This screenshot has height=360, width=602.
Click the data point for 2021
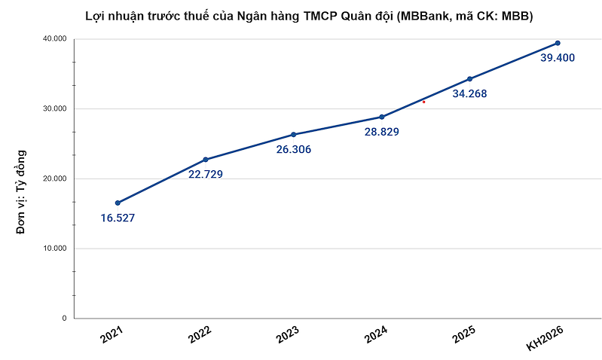[118, 203]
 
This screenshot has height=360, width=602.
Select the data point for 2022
[206, 160]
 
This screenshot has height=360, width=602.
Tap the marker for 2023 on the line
[293, 134]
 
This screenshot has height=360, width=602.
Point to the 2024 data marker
[382, 117]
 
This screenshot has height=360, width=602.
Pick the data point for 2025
[469, 78]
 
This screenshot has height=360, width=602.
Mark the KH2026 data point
[558, 43]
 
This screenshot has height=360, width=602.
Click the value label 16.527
[118, 218]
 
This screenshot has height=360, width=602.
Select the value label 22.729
[206, 174]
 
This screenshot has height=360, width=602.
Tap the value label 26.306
[293, 149]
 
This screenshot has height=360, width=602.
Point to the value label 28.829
[381, 132]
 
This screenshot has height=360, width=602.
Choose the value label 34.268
[469, 94]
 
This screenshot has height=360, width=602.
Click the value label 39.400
[558, 58]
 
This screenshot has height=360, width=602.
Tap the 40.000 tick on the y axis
[52, 39]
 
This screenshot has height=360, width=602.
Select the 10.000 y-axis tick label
[52, 249]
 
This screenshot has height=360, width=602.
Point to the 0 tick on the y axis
[64, 319]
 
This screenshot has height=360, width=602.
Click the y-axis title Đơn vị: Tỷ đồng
[22, 192]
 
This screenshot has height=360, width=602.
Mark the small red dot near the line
[424, 102]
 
